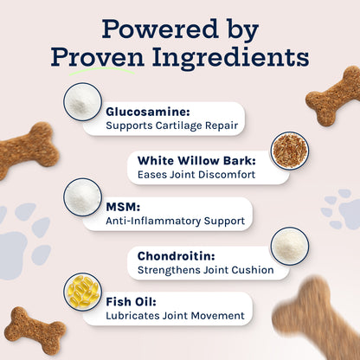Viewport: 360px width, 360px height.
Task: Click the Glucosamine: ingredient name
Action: point(149,112)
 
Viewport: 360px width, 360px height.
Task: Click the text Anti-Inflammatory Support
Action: point(175,222)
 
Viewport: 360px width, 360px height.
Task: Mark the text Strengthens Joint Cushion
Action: point(200,270)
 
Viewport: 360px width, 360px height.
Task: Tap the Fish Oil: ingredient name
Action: point(132,302)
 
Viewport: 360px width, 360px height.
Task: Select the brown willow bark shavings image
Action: point(289,151)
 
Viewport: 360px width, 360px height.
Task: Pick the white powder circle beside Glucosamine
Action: point(83,102)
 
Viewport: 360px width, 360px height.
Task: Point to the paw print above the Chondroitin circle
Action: point(341,209)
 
